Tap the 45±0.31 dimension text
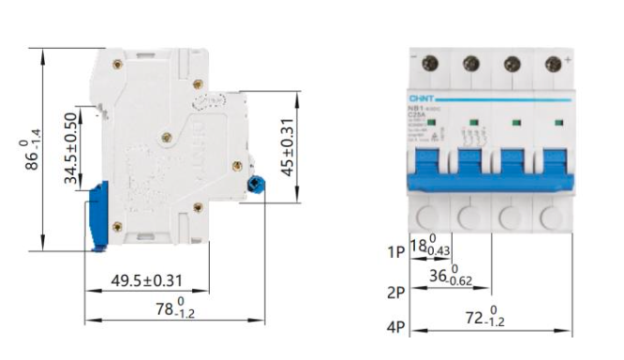coord(289,147)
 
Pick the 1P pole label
coord(396,251)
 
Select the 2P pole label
coord(396,292)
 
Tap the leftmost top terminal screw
coord(430,64)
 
